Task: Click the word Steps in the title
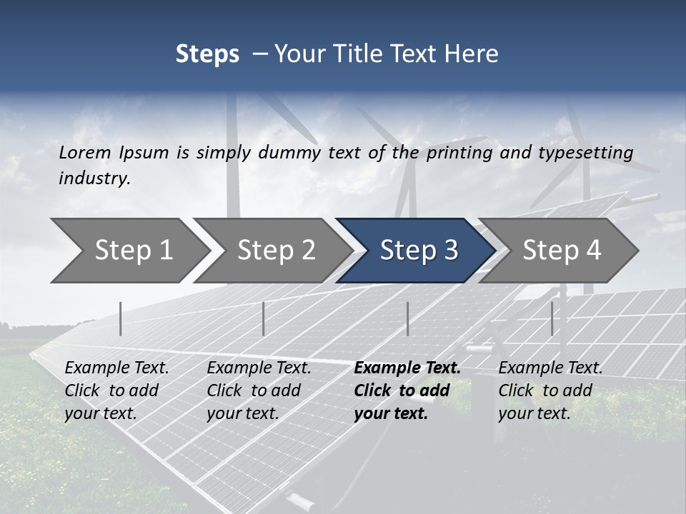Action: [x=207, y=54]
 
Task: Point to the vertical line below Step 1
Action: [x=120, y=318]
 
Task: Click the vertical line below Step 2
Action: [x=264, y=318]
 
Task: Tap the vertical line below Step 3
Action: [x=407, y=318]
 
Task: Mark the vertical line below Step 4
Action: [x=552, y=318]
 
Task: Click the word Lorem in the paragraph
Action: [x=85, y=152]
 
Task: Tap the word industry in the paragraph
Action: [x=94, y=178]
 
